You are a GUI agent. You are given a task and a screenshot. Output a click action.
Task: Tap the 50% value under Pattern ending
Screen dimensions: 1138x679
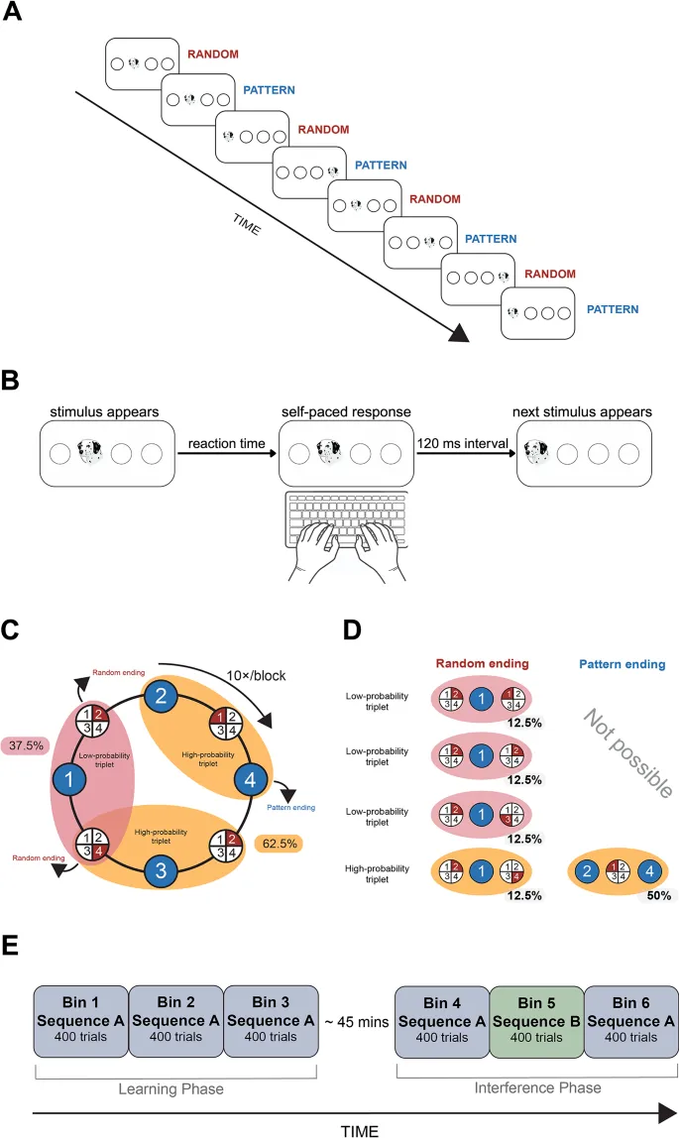click(x=656, y=894)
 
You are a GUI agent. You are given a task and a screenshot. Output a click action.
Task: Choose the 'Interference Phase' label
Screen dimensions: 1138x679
click(x=536, y=1087)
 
